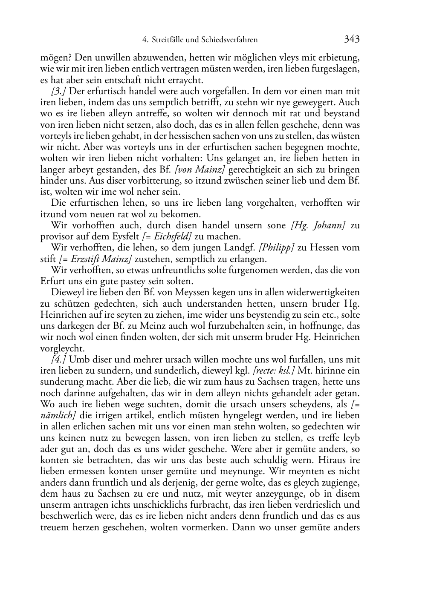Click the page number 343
point(352,40)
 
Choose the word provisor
point(58,236)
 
